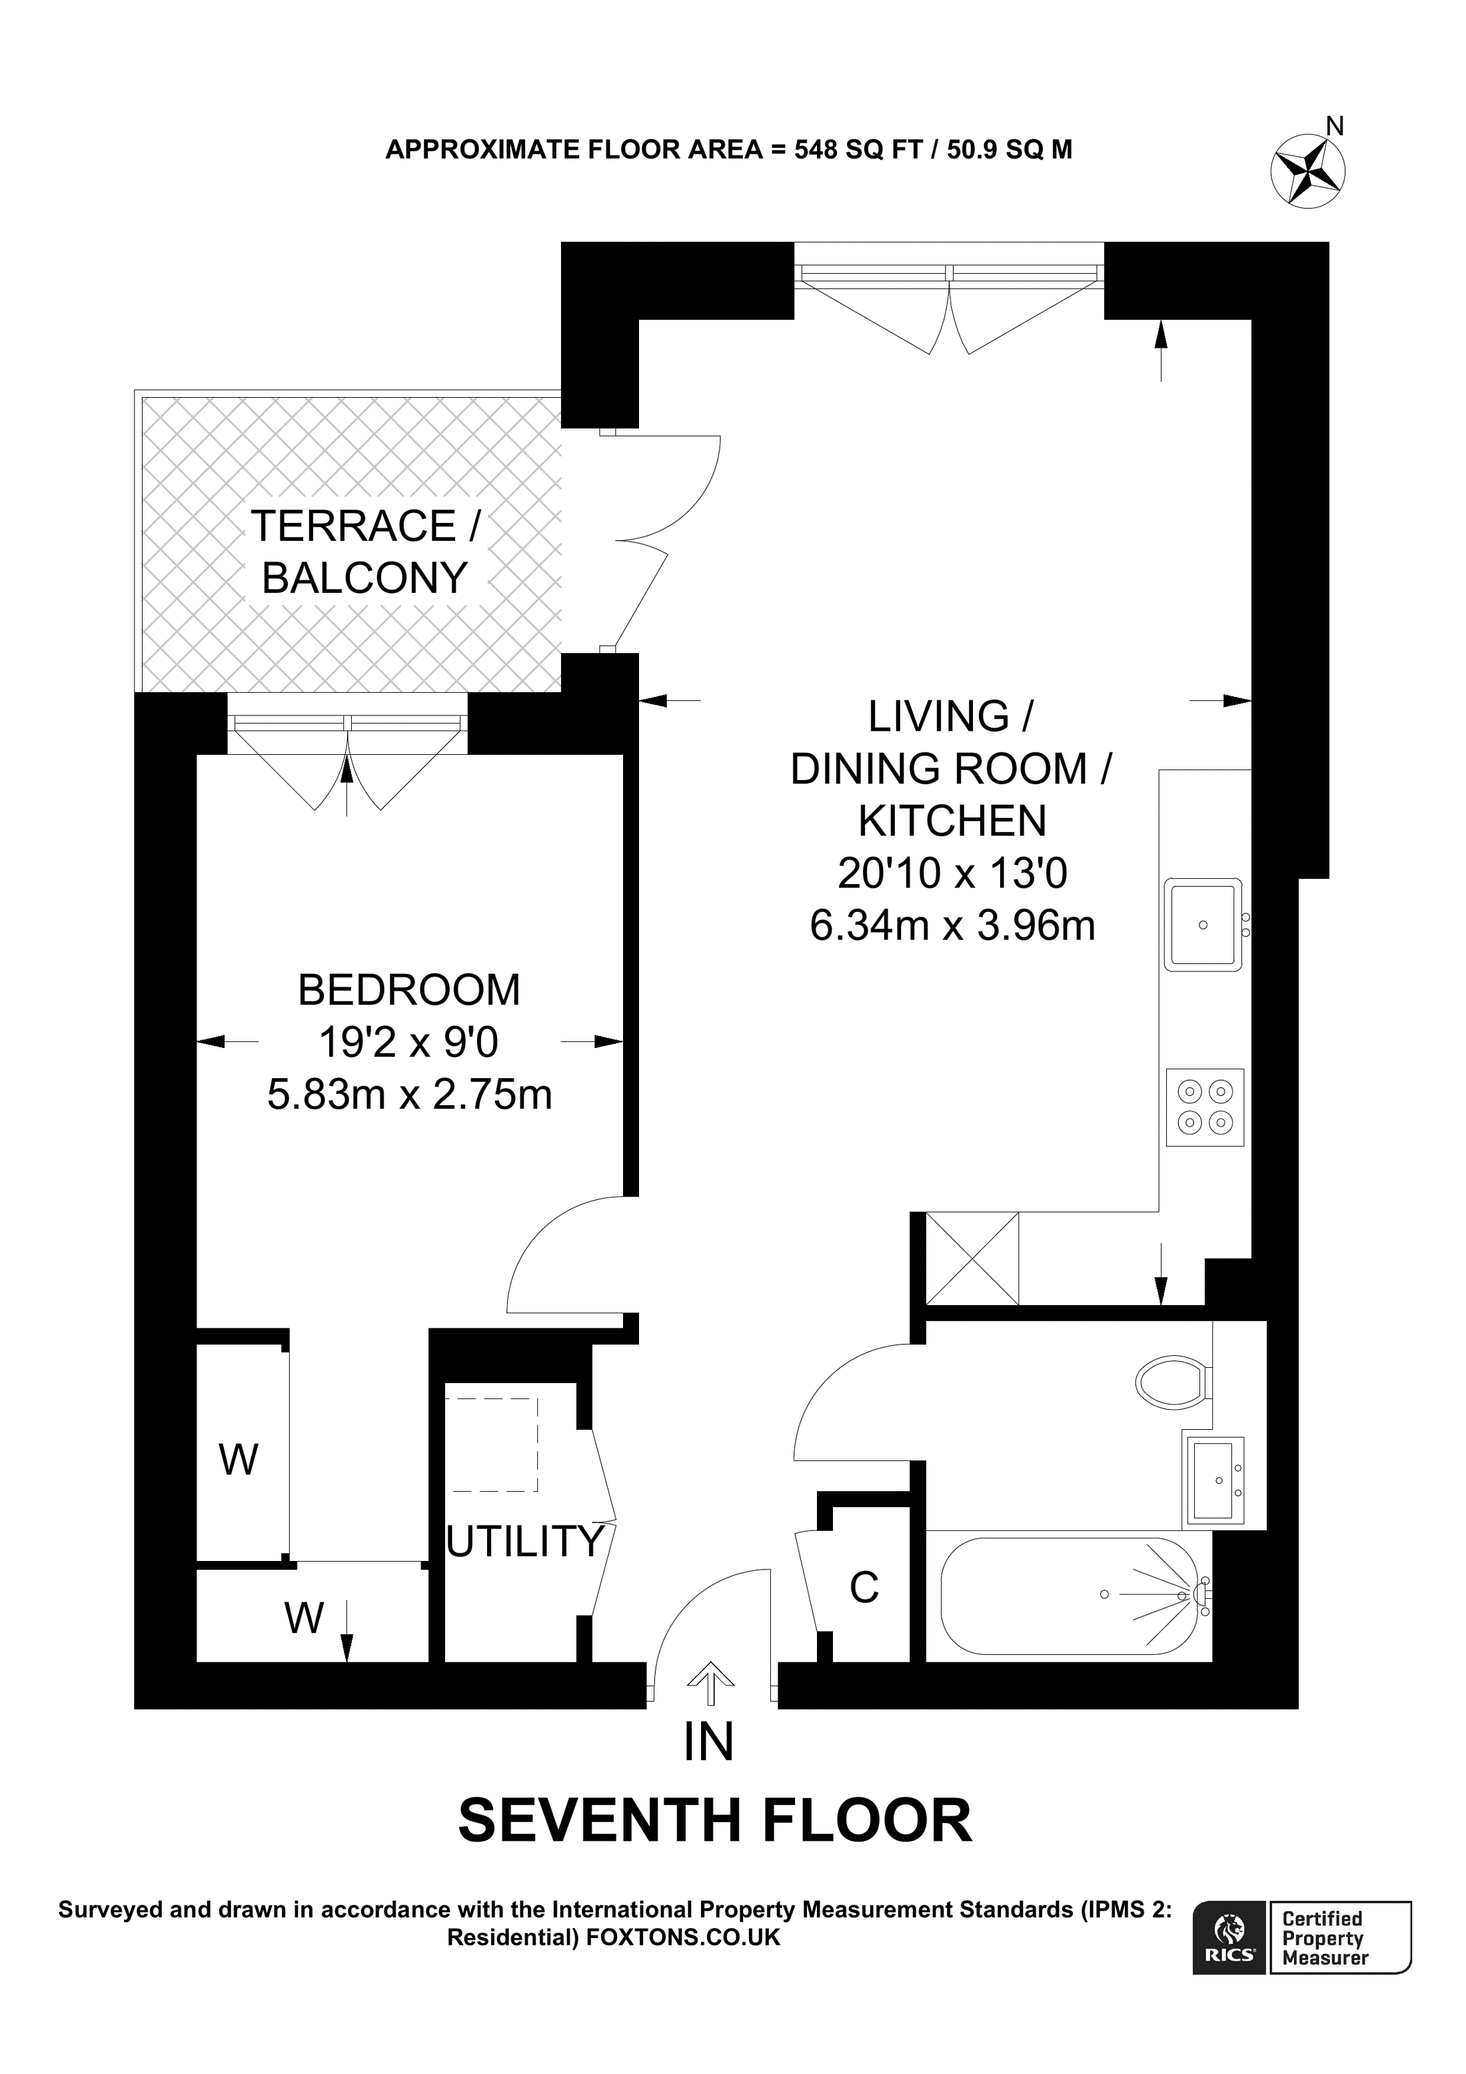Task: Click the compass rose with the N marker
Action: [x=1307, y=170]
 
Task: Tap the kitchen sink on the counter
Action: [x=1204, y=924]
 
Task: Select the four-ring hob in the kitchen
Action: [x=1205, y=1107]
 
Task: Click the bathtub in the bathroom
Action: [x=1070, y=1595]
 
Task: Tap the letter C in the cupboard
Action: [x=864, y=1588]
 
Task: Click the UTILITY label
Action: [x=525, y=1542]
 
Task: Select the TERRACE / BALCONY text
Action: [x=365, y=551]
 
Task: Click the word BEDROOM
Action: [x=409, y=990]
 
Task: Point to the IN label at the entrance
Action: [x=708, y=1742]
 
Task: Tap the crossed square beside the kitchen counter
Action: [x=972, y=1259]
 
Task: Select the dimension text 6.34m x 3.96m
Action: [x=952, y=926]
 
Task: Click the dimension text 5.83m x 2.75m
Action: [x=409, y=1095]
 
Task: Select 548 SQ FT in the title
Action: [x=856, y=149]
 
